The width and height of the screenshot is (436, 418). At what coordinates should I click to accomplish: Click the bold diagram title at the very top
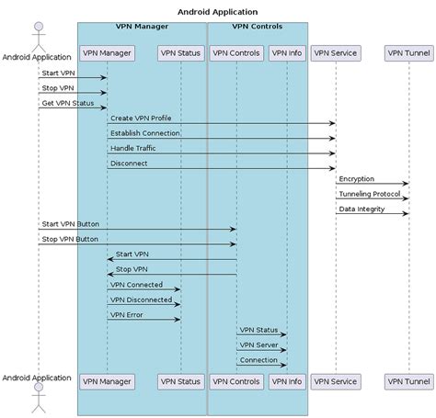point(218,12)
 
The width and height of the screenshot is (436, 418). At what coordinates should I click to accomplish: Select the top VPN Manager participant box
point(107,52)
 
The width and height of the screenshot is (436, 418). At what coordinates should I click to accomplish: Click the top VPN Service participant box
point(335,52)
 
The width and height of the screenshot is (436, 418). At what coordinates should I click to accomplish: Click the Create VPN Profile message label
point(141,119)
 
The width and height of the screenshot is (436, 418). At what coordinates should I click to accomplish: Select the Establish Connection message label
point(145,133)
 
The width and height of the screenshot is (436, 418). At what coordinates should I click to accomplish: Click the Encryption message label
point(356,178)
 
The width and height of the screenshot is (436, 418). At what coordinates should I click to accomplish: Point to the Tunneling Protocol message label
point(368,193)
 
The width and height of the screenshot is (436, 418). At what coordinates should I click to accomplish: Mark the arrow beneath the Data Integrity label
point(372,213)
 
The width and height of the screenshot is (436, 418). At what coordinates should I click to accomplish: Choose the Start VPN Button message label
point(70,223)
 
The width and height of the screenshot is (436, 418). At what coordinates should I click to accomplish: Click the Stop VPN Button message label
point(69,238)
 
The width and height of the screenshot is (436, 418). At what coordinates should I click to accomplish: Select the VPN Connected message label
point(136,284)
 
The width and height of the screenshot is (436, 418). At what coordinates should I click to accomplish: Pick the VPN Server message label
point(258,345)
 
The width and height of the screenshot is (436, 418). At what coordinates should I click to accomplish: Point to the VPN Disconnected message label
point(141,299)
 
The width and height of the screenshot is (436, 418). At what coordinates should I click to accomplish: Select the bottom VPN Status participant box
point(180,380)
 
